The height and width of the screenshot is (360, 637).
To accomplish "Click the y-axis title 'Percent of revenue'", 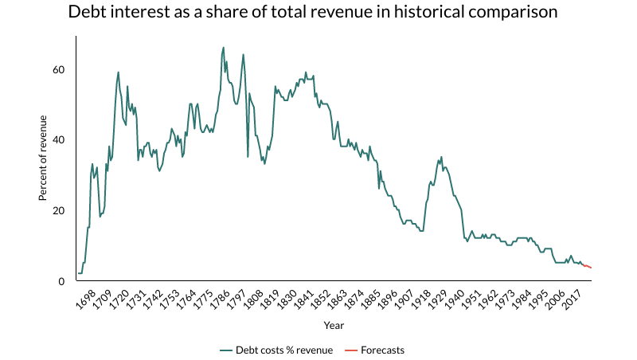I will pos(44,158).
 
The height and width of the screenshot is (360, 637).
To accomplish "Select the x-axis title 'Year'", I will pos(334,325).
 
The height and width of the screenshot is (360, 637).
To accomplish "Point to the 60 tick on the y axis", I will pos(59,70).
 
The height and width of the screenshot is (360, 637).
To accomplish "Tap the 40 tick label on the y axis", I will pos(59,140).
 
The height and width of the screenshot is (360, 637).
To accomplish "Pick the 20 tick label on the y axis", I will pos(59,211).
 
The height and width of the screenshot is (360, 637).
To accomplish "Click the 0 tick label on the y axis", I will pos(61,281).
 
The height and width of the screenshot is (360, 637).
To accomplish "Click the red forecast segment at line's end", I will pos(588,267).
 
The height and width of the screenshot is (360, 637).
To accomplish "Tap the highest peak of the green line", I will pos(223,48).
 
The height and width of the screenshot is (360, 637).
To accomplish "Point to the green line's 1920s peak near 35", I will pos(441,158).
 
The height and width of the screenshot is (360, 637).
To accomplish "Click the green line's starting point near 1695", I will pos(78,273).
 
